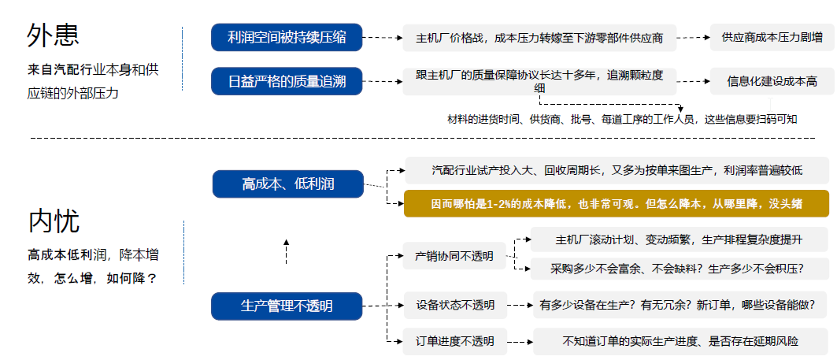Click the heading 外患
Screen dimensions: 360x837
click(x=54, y=35)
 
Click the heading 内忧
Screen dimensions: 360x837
click(x=54, y=221)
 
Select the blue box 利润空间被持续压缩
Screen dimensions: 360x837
click(x=287, y=37)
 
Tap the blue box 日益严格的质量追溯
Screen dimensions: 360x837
click(x=287, y=80)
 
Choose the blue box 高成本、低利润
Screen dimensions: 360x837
click(x=288, y=184)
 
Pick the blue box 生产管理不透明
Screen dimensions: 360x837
click(x=287, y=306)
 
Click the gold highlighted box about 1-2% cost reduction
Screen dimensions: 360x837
click(x=617, y=203)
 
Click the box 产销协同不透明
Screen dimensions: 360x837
click(x=454, y=256)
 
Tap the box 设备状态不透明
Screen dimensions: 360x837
click(x=454, y=305)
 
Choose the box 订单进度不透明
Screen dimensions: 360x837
click(x=454, y=341)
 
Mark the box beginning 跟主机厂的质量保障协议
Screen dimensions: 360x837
click(x=539, y=81)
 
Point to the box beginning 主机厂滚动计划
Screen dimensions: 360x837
click(x=678, y=239)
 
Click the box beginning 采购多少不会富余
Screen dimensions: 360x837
click(x=678, y=269)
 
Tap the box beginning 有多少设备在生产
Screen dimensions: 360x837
click(x=678, y=305)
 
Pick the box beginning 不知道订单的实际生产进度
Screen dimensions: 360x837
click(x=680, y=341)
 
